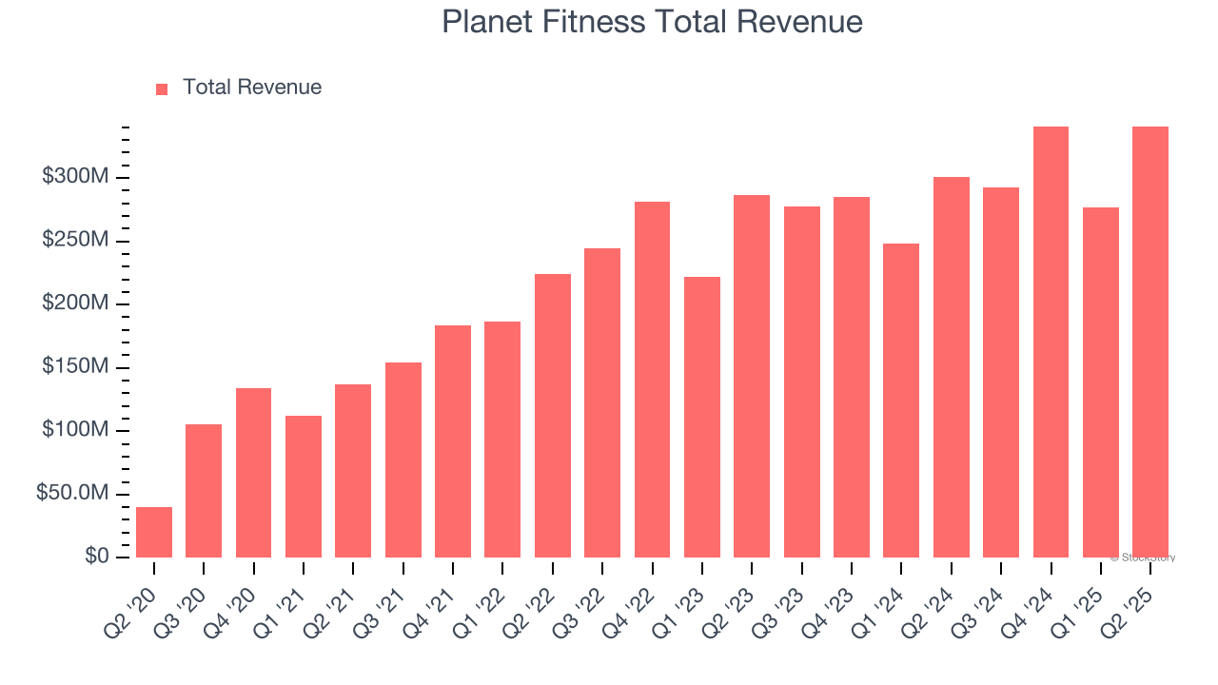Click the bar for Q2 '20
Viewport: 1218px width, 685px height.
pyautogui.click(x=154, y=533)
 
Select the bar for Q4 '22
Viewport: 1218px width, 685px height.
pyautogui.click(x=652, y=380)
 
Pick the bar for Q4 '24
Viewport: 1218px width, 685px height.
pyautogui.click(x=1051, y=342)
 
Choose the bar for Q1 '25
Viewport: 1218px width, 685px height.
pyautogui.click(x=1100, y=382)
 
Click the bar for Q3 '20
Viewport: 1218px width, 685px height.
pyautogui.click(x=204, y=491)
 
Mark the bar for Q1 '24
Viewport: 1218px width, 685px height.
pyautogui.click(x=901, y=401)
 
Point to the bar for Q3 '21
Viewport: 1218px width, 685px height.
pyautogui.click(x=403, y=460)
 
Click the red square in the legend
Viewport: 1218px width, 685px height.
pyautogui.click(x=162, y=88)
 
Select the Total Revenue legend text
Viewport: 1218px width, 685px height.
pyautogui.click(x=252, y=88)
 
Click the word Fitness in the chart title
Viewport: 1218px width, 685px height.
pyautogui.click(x=596, y=22)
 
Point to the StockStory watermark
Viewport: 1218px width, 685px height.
pyautogui.click(x=1144, y=558)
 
